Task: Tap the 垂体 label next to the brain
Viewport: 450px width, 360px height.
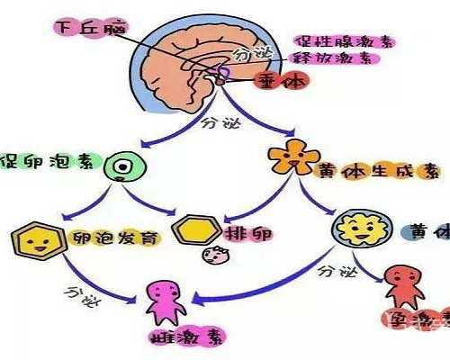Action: click(282, 81)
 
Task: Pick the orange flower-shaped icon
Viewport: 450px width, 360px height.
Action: click(288, 158)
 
